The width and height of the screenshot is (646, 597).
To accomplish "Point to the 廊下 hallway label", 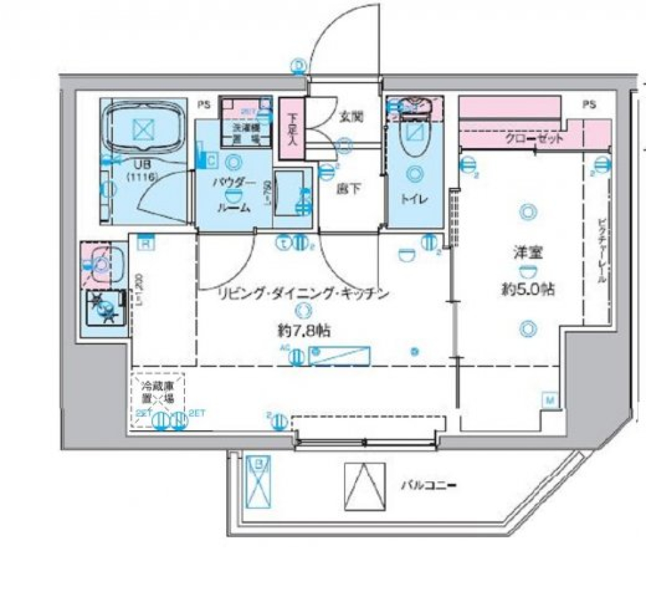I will click(x=349, y=189).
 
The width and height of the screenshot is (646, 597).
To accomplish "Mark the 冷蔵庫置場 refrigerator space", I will click(x=157, y=392).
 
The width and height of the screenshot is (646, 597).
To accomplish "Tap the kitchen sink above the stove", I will click(x=102, y=264).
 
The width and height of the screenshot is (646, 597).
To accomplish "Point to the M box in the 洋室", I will click(x=549, y=401).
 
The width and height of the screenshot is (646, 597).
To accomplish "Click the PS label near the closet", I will click(x=589, y=105).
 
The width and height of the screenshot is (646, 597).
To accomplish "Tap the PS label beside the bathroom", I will click(x=203, y=105).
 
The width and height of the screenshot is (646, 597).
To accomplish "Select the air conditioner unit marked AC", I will click(x=339, y=356).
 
